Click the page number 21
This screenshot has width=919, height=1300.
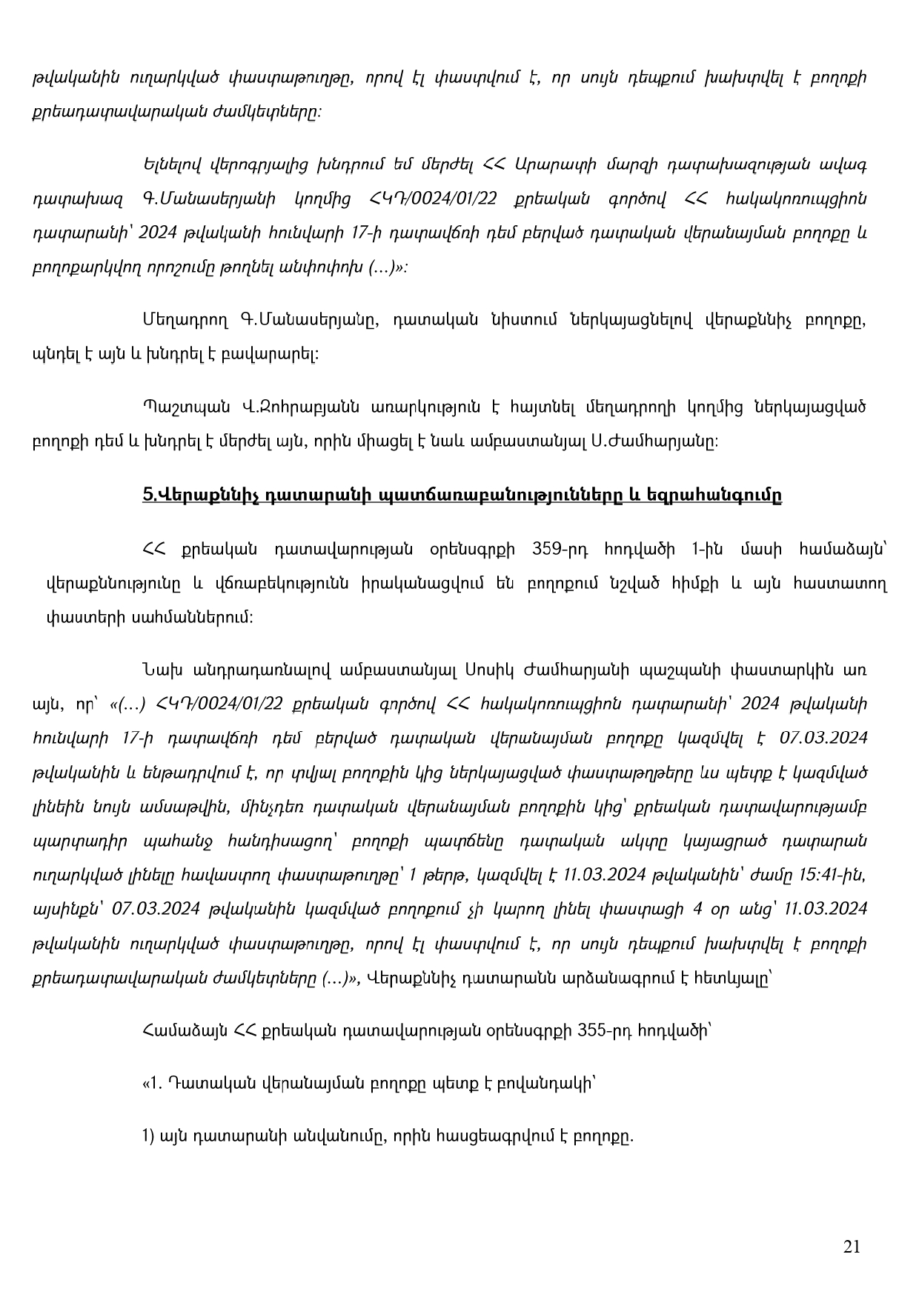[852, 1247]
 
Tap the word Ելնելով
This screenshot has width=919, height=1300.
[173, 164]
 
